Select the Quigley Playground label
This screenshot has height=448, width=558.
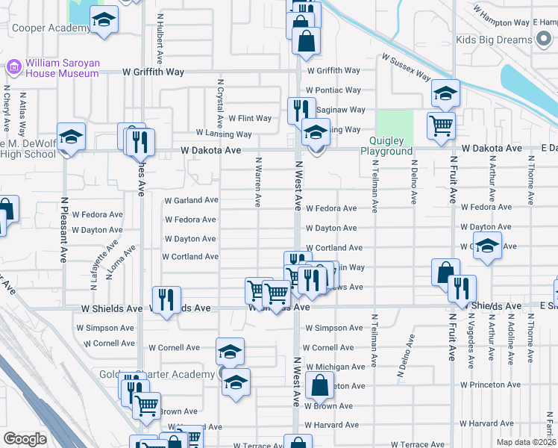(386, 146)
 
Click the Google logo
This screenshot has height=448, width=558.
(25, 439)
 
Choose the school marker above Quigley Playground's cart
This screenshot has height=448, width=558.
(445, 93)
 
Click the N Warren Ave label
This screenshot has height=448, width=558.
(259, 181)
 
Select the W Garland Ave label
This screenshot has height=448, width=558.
(191, 200)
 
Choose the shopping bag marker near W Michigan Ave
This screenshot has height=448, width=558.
(319, 387)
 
